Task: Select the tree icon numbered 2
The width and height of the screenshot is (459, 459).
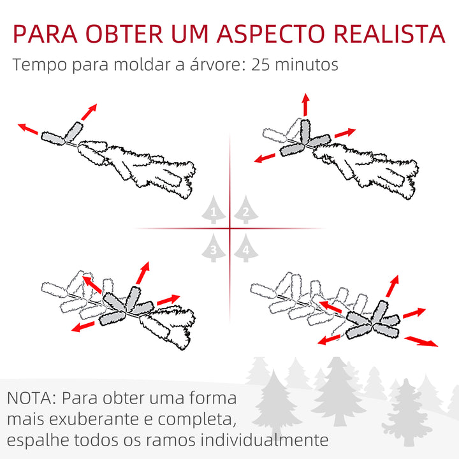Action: pos(245,211)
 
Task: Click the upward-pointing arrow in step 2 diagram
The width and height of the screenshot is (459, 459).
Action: pos(305,105)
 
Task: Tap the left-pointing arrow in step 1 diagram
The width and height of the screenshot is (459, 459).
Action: pos(29,129)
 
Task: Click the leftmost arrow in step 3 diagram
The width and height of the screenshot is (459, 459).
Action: pos(82,327)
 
